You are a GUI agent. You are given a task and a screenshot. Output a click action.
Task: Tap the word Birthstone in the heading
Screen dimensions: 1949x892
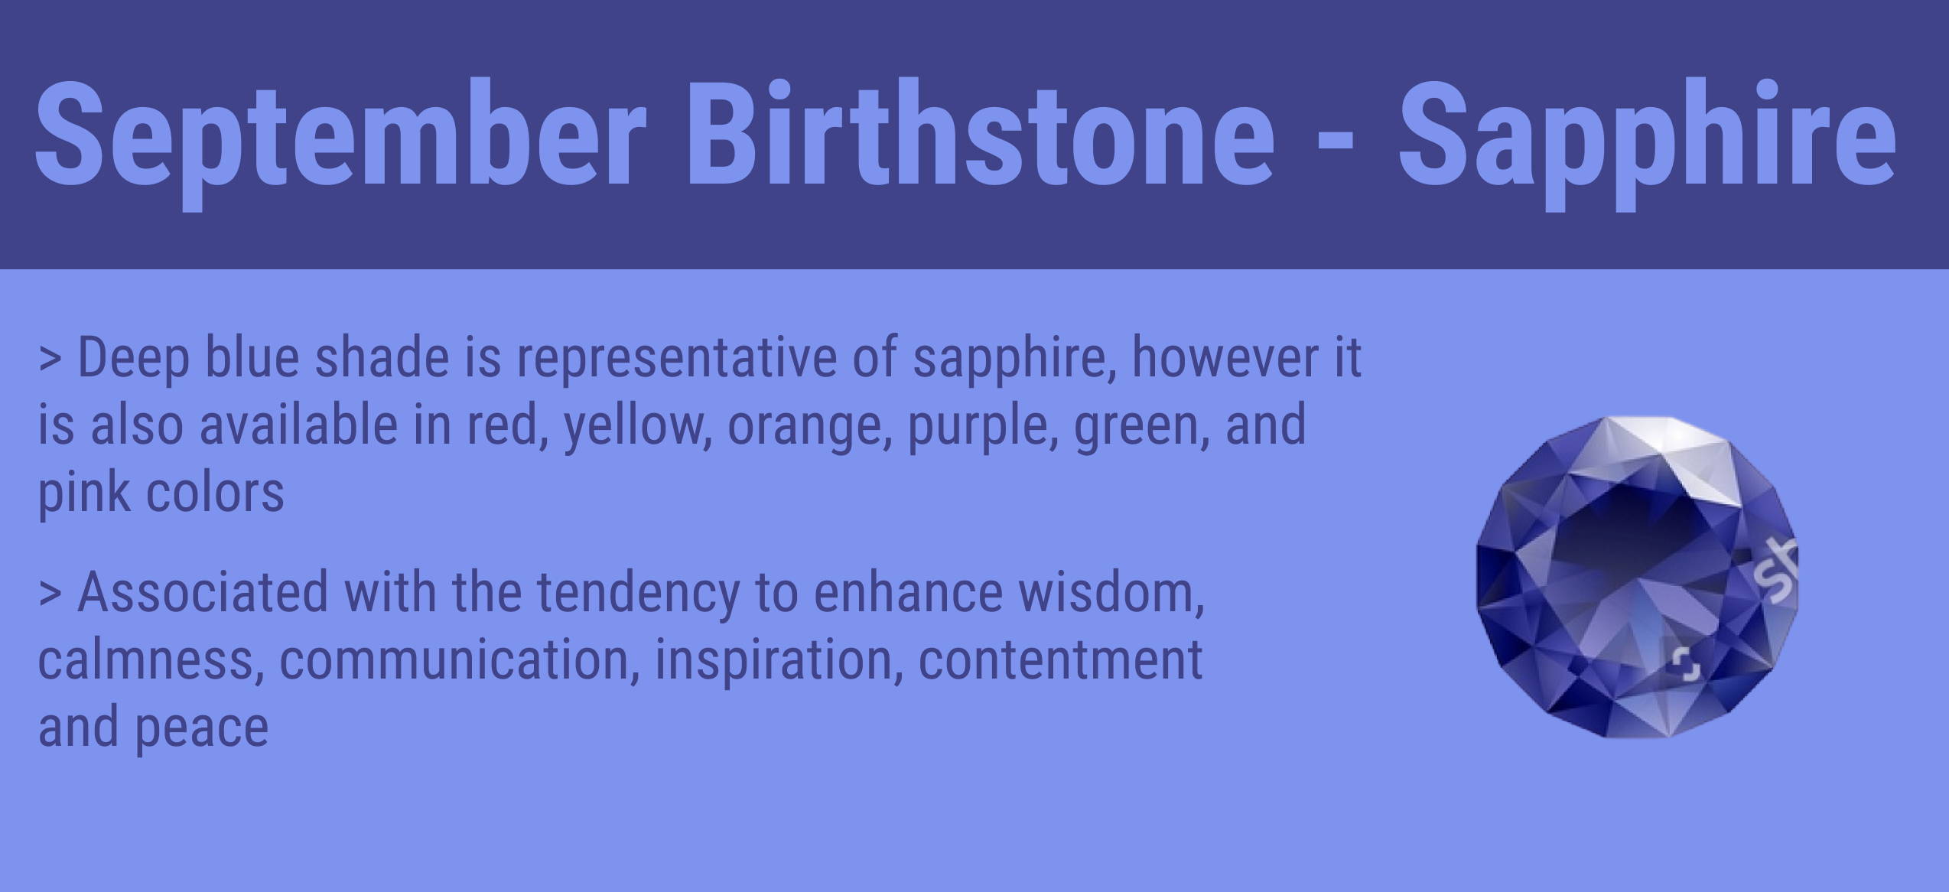(981, 132)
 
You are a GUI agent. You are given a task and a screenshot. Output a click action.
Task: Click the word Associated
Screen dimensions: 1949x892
(203, 592)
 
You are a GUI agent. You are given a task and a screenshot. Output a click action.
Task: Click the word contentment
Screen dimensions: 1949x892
(1060, 661)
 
